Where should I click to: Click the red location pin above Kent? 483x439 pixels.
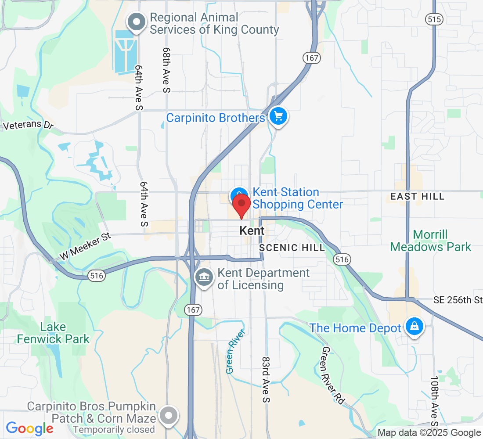[x=241, y=205]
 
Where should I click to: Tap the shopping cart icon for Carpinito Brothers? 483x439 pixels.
[x=278, y=117]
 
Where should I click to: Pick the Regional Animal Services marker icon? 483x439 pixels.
[x=136, y=21]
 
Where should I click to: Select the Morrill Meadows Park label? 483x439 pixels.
[x=430, y=241]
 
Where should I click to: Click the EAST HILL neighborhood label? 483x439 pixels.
[x=417, y=196]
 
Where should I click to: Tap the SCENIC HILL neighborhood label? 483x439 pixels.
[x=292, y=248]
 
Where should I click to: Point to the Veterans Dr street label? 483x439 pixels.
[x=28, y=125]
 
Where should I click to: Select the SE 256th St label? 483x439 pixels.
[x=458, y=300]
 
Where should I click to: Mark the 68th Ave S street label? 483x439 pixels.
[x=166, y=70]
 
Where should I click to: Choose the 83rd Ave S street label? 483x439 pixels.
[x=265, y=379]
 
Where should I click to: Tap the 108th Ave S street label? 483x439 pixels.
[x=434, y=399]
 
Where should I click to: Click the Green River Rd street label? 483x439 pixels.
[x=333, y=376]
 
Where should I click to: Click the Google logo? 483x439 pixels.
[x=29, y=428]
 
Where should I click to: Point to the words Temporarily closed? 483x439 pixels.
[x=114, y=429]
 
